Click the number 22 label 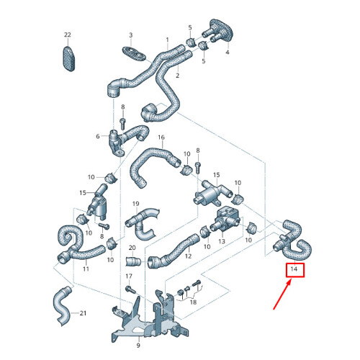point(68,35)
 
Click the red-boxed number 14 point(294,271)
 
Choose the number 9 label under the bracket point(139,345)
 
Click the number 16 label point(161,138)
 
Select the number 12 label point(187,256)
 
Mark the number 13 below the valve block point(222,240)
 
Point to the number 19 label point(134,204)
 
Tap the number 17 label point(129,276)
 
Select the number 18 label point(192,302)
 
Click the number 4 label point(227,53)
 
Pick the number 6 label point(97,135)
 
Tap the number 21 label point(83,314)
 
